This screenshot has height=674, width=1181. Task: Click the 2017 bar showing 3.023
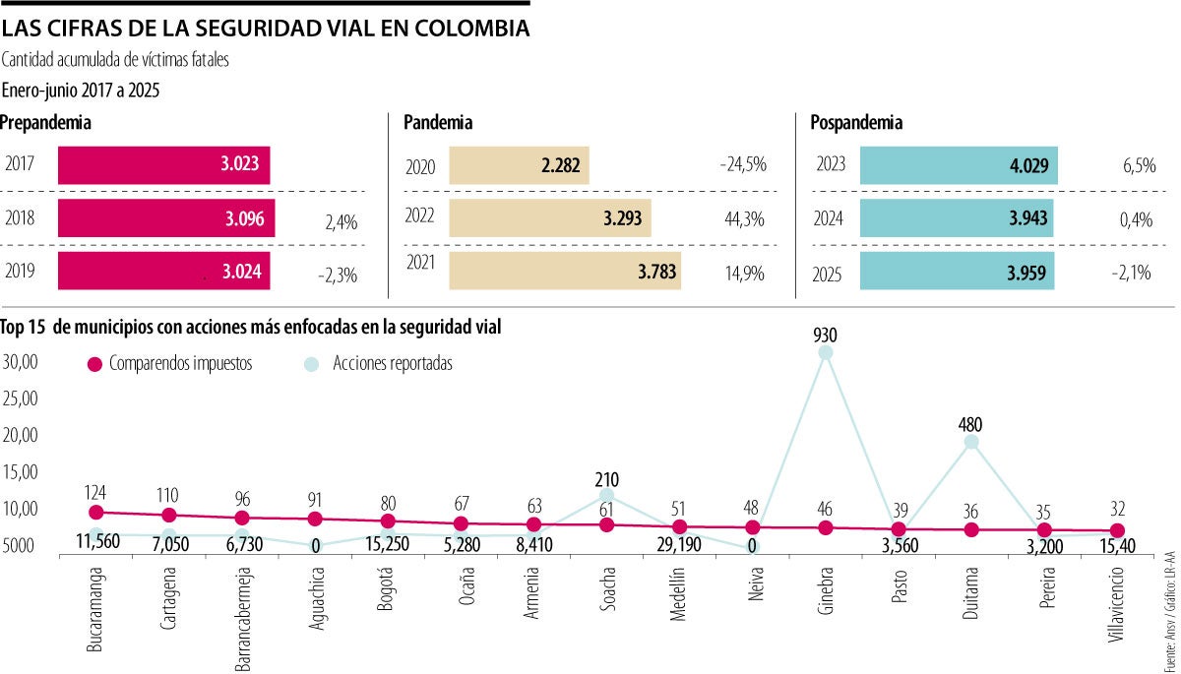pos(163,165)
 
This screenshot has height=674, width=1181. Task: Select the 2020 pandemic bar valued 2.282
pos(519,165)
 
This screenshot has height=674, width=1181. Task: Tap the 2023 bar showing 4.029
pos(959,165)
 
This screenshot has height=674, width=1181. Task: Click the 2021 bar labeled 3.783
pos(564,273)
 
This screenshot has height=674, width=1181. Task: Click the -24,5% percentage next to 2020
pos(742,164)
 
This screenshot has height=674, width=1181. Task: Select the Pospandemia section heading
pos(856,123)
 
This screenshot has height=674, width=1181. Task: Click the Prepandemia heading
pos(46,123)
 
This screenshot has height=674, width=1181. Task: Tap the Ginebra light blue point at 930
pos(826,352)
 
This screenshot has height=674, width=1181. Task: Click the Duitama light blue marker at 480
pos(971,442)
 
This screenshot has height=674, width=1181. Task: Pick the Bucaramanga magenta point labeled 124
pos(95,512)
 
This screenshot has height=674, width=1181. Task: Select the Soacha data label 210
pos(607,480)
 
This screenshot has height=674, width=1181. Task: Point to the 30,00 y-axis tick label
pos(20,361)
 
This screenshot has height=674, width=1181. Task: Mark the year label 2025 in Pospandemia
pos(831,273)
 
